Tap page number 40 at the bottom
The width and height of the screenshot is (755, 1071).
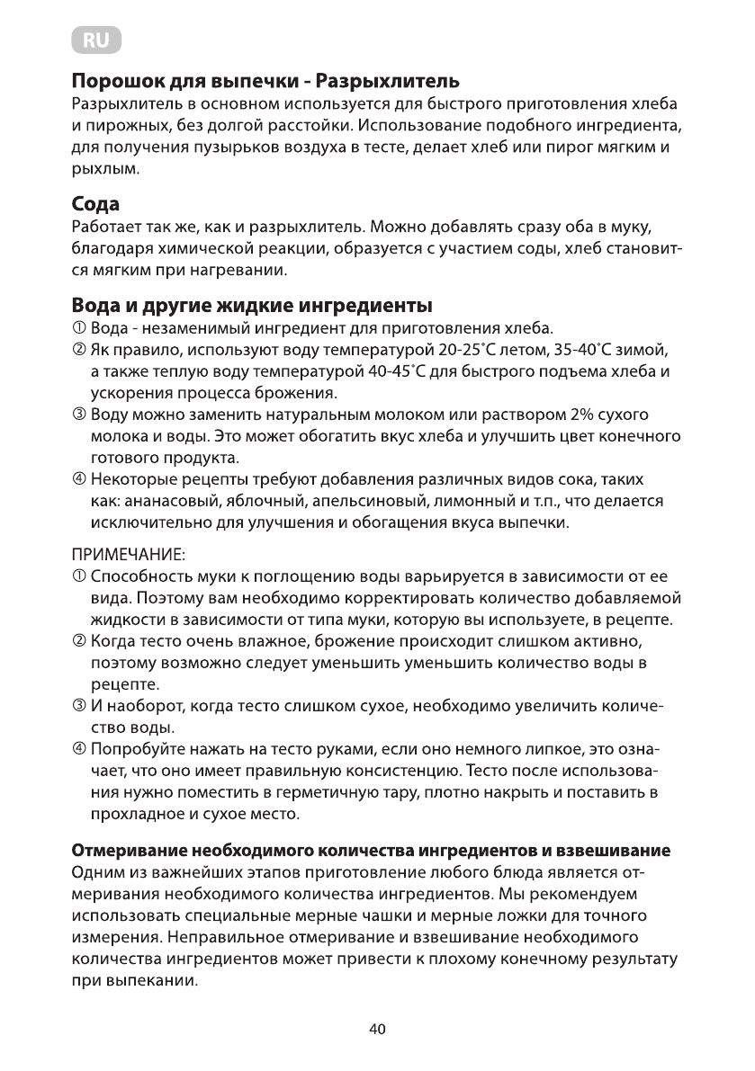pos(377,1030)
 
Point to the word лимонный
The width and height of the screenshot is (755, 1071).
pos(469,501)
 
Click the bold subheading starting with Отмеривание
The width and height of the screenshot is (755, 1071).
pos(372,850)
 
